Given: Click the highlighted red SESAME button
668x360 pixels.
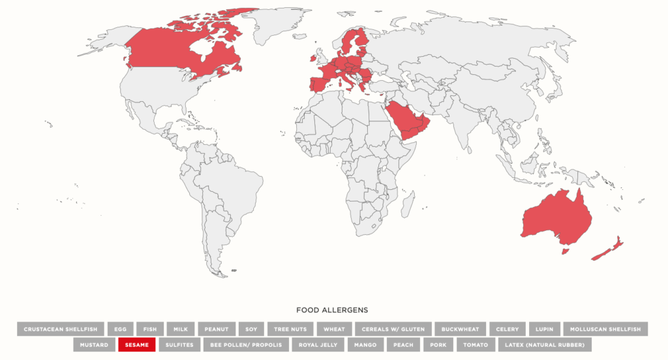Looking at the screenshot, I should pos(136,344).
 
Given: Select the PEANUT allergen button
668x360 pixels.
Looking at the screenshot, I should pos(216,329).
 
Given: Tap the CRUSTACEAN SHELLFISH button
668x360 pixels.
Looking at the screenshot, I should pos(61,329).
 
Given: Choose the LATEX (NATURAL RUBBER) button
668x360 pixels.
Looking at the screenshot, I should pos(544,344).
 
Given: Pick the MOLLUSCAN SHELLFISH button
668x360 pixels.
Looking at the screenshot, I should pos(605,329).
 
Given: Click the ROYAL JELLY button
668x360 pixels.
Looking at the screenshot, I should pos(317,344).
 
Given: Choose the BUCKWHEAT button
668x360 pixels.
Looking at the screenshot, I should pos(460,329).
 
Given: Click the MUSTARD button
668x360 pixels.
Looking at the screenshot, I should pos(95,344).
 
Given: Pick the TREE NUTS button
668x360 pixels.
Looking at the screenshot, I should pos(290,329).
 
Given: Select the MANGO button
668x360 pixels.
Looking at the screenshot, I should pos(365,344).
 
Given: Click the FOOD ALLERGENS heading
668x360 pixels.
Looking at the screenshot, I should pos(332,310).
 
